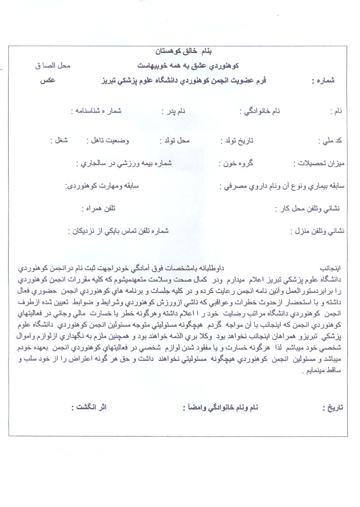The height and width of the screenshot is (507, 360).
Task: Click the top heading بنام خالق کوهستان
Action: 180,51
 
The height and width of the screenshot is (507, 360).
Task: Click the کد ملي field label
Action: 333,141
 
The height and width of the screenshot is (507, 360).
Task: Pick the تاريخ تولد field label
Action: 237,141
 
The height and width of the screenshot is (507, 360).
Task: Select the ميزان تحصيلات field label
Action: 319,163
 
